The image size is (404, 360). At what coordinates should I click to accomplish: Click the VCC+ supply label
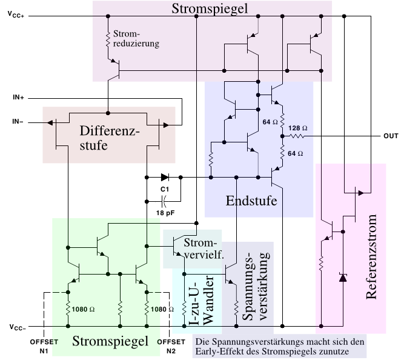(x=16, y=15)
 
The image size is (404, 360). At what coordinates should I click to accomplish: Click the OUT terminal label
(x=390, y=136)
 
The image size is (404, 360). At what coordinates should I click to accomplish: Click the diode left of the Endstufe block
(x=164, y=178)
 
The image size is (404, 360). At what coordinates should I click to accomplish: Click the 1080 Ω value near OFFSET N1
(x=84, y=308)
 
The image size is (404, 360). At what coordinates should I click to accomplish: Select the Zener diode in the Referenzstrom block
(x=343, y=278)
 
